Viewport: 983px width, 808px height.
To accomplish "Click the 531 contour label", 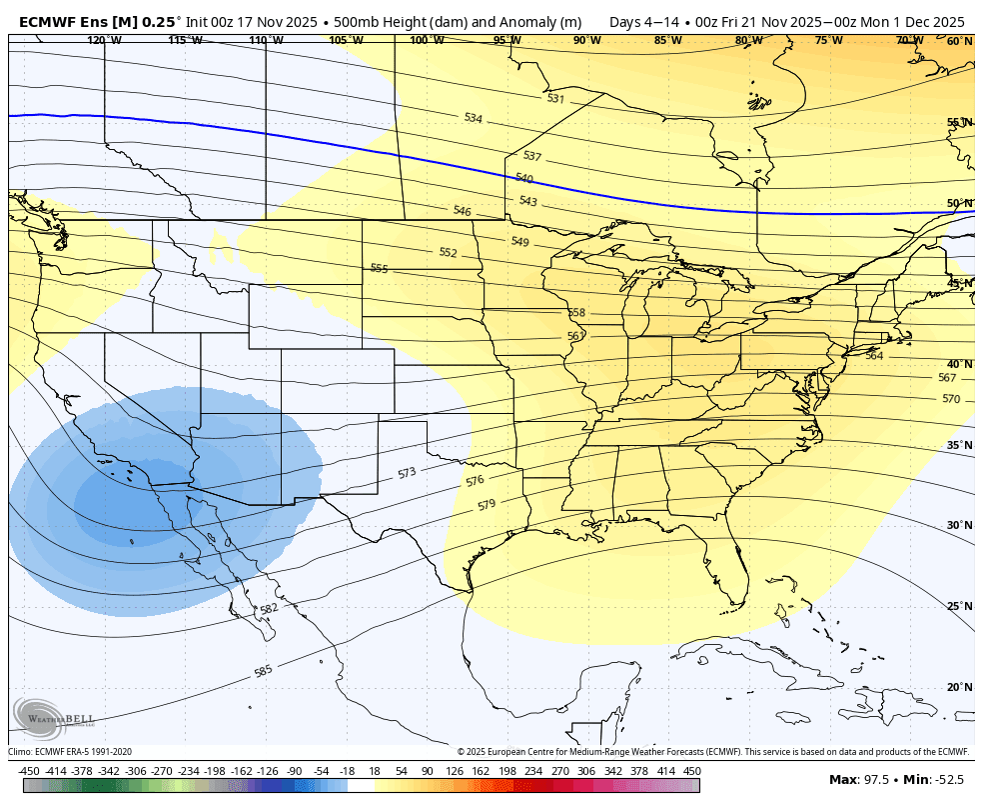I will tap(555, 98).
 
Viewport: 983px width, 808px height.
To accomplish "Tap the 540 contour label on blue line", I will tap(524, 178).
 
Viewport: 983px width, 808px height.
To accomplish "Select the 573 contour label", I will tap(407, 472).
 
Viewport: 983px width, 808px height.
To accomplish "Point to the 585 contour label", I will tap(263, 671).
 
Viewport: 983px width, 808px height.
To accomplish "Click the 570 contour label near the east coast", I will tap(950, 399).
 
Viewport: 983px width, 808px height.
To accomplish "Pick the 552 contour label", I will tap(448, 253).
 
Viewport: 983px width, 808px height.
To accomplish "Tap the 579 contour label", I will tap(487, 505).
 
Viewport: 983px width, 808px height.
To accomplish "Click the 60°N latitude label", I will tap(959, 41).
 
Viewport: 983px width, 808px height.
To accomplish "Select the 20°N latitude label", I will tap(959, 687).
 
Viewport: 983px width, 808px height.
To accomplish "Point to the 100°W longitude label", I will tap(427, 41).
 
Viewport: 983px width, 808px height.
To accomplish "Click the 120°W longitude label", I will tap(104, 41).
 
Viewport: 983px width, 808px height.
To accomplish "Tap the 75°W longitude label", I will tap(828, 41).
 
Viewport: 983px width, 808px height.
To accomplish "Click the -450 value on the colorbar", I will tap(29, 771).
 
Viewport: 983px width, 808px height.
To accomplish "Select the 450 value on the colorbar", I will tap(692, 771).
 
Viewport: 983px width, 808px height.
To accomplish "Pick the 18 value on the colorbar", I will tap(375, 771).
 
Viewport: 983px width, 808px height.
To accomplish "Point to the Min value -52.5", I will tap(950, 779).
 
